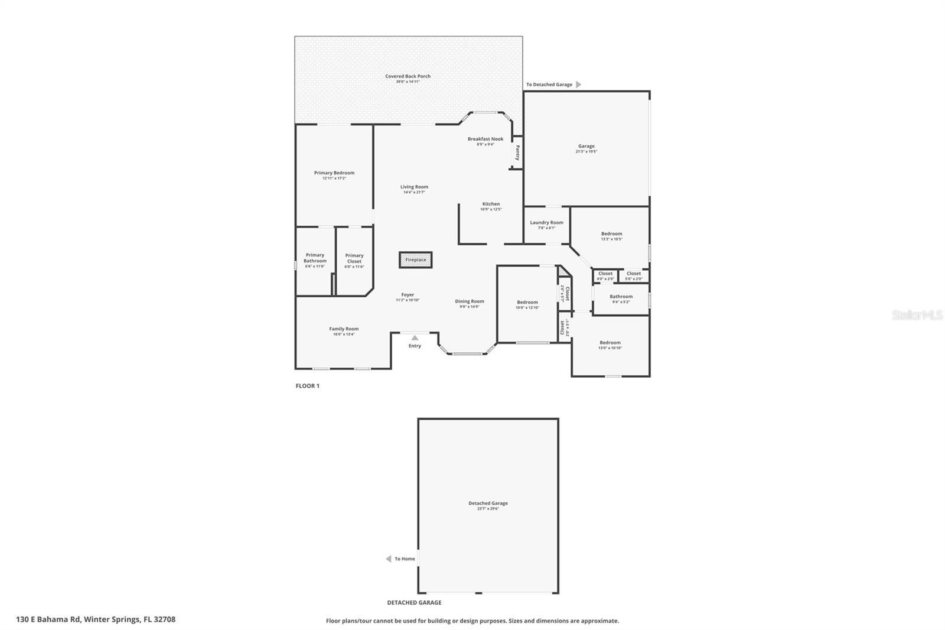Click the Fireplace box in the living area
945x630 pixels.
[x=415, y=260]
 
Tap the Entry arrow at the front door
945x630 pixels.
[x=415, y=337]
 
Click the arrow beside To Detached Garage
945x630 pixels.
[x=578, y=85]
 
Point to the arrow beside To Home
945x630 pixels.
[x=388, y=558]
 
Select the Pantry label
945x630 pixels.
[x=517, y=153]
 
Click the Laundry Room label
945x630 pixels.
[x=546, y=223]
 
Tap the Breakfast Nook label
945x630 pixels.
[x=485, y=139]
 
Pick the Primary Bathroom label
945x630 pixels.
[x=315, y=258]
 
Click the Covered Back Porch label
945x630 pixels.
[x=408, y=76]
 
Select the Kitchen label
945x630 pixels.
[x=491, y=204]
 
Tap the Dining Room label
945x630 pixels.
[x=470, y=301]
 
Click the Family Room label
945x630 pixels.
[x=344, y=329]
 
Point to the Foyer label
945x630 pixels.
[x=408, y=295]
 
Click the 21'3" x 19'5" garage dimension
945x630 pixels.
[x=586, y=152]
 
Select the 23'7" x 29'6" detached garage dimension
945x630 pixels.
[x=488, y=509]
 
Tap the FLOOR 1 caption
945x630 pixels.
[x=307, y=386]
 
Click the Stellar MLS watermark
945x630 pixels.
[x=917, y=315]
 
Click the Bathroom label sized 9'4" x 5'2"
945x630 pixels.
[x=621, y=297]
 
